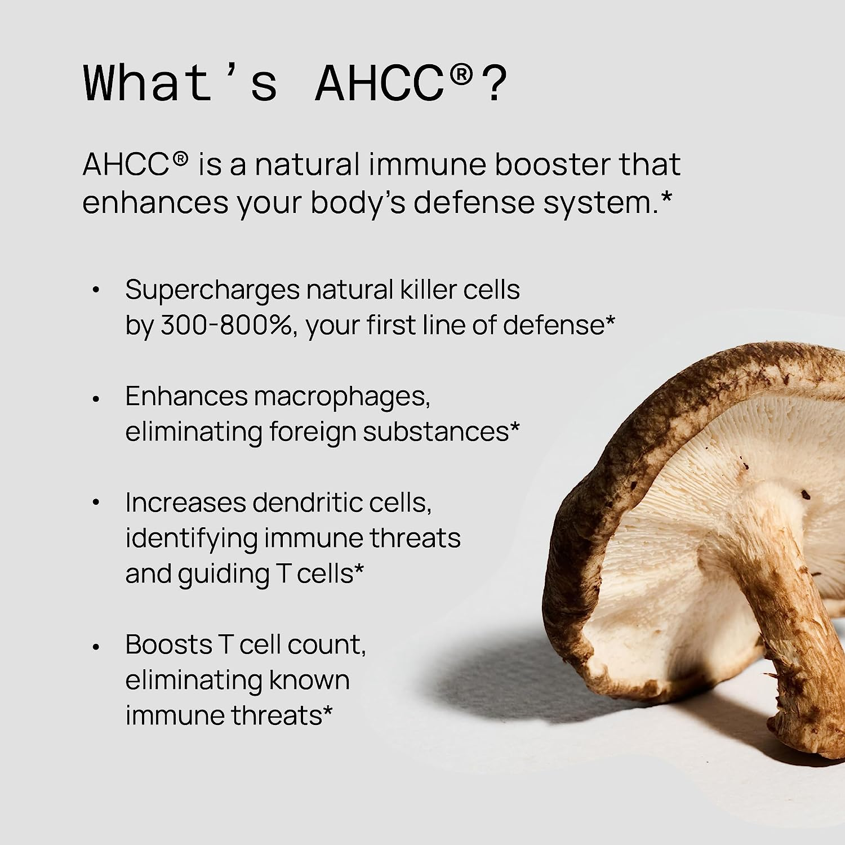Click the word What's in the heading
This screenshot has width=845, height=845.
180,83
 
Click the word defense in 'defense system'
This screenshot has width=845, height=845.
473,203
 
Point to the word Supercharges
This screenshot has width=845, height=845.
212,291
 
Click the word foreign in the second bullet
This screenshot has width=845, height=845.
313,433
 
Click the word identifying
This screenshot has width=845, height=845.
191,539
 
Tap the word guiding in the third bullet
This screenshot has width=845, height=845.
224,575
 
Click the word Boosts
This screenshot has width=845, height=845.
168,644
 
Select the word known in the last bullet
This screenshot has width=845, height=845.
309,680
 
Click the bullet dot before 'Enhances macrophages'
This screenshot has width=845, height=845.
96,398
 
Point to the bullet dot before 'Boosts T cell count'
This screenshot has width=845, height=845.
96,647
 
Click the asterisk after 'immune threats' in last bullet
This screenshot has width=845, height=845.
327,712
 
